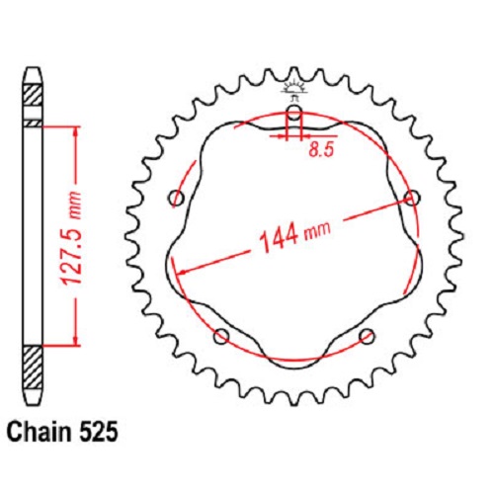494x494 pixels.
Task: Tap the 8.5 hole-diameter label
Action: click(x=321, y=150)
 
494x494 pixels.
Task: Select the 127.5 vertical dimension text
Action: click(x=71, y=238)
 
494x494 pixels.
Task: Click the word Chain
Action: click(x=39, y=432)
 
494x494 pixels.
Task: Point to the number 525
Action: click(x=97, y=432)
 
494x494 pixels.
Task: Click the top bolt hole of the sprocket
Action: click(x=294, y=112)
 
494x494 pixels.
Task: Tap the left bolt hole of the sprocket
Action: click(x=177, y=199)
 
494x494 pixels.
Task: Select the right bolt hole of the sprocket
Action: click(x=412, y=198)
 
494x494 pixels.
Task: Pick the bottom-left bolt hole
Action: click(x=221, y=336)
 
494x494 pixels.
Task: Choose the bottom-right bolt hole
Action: click(x=367, y=336)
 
